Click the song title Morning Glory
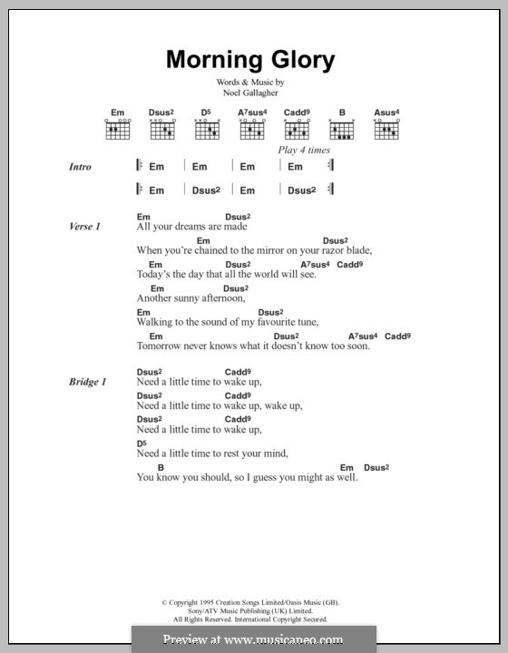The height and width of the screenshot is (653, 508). coord(250,61)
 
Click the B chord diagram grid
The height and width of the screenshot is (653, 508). coord(343,131)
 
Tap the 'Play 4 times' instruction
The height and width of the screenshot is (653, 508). coord(304,150)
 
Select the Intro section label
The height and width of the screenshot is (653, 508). coord(82,167)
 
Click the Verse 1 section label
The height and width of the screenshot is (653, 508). coord(84,226)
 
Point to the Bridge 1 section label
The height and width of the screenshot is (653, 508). coord(88,383)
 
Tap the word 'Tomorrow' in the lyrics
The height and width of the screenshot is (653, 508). coord(161,346)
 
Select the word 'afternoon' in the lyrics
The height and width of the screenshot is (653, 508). coord(221,297)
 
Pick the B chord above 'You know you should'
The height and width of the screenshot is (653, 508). coord(160,466)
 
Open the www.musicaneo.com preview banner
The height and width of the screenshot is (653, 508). coord(254,638)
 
